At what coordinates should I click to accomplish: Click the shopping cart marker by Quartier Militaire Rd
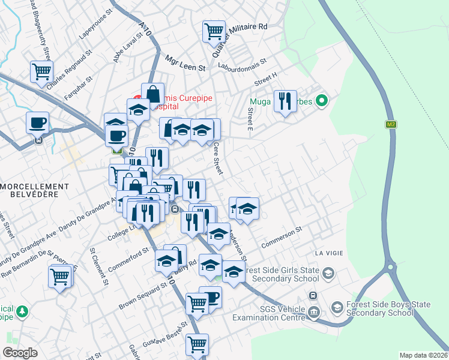tap(214, 31)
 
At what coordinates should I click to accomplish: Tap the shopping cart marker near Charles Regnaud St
tap(41, 71)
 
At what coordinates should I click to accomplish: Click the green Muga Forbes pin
tap(321, 101)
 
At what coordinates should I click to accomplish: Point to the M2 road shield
tap(391, 124)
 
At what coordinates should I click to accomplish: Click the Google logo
tap(20, 353)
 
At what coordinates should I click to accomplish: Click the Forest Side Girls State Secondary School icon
tap(328, 274)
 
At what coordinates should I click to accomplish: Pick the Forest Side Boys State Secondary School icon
tap(337, 308)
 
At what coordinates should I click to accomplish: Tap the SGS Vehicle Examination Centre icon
tap(313, 312)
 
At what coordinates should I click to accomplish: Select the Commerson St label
tap(282, 238)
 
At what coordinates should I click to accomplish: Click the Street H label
tap(266, 79)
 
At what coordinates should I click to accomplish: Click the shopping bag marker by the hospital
tap(152, 94)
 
